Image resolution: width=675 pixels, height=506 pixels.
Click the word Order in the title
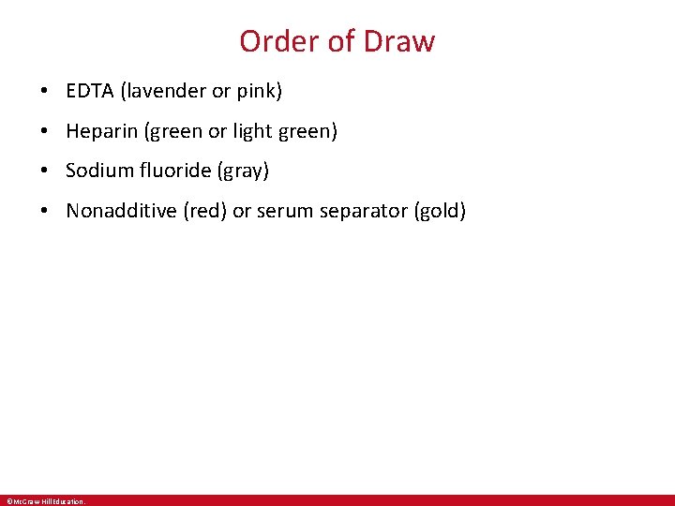click(x=272, y=41)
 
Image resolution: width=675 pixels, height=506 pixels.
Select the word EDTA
click(x=90, y=91)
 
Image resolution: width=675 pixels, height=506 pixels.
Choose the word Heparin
click(x=102, y=131)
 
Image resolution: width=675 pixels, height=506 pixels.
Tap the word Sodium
click(x=98, y=171)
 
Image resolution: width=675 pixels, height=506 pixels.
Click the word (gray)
click(x=246, y=171)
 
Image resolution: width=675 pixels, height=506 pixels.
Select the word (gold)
click(x=440, y=211)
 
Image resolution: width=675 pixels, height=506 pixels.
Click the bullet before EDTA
click(x=45, y=92)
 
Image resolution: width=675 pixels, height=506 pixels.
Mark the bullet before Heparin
click(x=45, y=132)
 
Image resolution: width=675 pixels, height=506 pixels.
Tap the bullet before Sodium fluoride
click(x=45, y=171)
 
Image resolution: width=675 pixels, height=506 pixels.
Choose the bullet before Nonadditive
click(x=45, y=212)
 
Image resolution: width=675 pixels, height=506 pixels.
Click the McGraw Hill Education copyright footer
click(x=45, y=501)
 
